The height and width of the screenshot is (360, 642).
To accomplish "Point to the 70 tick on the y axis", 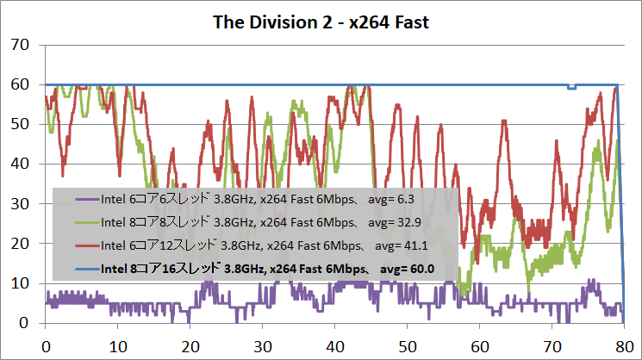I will [19, 45].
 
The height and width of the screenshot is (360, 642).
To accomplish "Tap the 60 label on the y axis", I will [19, 84].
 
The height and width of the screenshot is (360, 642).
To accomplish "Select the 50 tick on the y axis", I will [19, 124].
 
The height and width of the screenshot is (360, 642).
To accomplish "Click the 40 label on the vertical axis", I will [19, 164].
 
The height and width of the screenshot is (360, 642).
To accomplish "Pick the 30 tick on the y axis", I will [19, 204].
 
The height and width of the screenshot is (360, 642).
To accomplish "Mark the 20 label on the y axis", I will [19, 244].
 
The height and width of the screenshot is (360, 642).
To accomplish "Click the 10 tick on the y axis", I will [19, 283].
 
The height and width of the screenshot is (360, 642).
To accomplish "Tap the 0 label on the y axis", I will [24, 323].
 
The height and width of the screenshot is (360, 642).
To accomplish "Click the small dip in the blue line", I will [571, 87].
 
